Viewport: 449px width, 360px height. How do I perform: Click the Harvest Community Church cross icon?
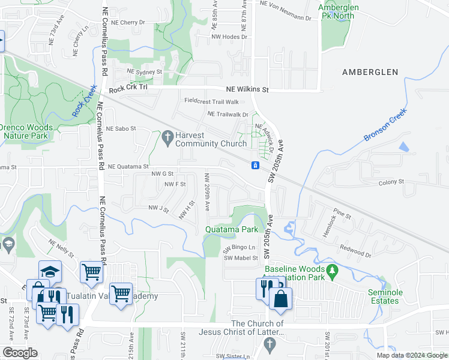166,138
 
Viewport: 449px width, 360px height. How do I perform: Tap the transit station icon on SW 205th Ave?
255,165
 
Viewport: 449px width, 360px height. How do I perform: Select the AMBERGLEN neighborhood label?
370,72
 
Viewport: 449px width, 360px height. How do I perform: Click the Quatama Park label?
232,229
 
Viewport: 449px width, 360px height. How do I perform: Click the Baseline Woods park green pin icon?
330,272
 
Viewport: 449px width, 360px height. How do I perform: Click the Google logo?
20,353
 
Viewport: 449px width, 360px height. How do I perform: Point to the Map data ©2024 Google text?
412,355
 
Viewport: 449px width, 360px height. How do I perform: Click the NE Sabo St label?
121,128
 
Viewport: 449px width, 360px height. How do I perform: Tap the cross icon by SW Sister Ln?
269,344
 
